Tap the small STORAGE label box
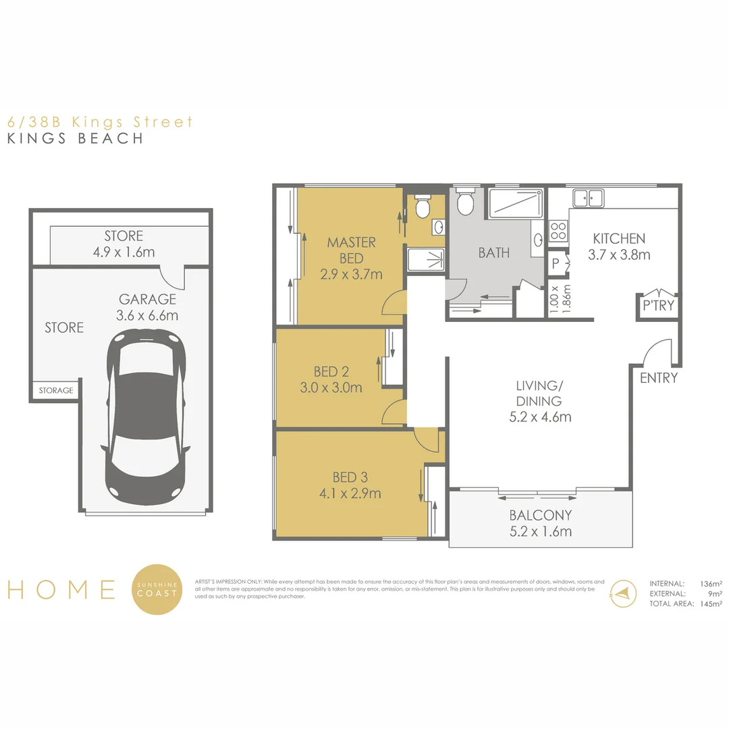[x=55, y=391]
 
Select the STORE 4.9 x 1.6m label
[x=124, y=244]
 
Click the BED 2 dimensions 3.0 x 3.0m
[x=331, y=387]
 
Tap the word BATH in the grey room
[x=494, y=253]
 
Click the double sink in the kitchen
[x=588, y=198]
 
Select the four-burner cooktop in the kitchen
[x=558, y=232]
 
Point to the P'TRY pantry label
[x=658, y=305]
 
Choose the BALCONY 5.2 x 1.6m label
[x=540, y=523]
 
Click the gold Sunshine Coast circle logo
[x=157, y=589]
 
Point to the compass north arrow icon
[x=622, y=592]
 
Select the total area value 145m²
[x=707, y=603]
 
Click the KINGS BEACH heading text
[x=75, y=138]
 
